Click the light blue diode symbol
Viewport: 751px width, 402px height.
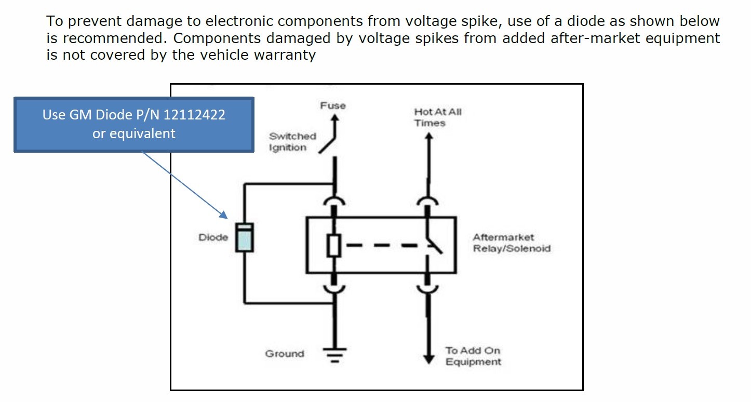tap(244, 238)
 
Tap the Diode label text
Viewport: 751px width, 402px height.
tap(213, 237)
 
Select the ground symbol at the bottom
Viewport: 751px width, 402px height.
tap(332, 354)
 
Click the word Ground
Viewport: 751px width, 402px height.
tap(285, 354)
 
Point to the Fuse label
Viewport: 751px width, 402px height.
tap(333, 105)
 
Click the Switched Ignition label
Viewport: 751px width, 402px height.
tap(292, 142)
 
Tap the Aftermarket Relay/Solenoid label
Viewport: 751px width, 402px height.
tap(511, 243)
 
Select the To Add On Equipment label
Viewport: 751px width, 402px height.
tap(473, 356)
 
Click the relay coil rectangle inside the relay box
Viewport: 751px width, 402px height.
tap(333, 246)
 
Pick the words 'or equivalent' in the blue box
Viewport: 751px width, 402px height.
tap(134, 133)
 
